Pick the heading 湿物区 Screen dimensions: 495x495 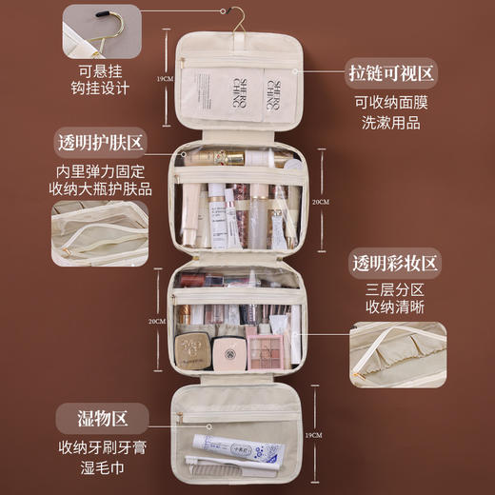click(x=101, y=416)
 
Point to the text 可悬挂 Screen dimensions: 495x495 click(x=99, y=69)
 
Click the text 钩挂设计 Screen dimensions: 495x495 click(x=99, y=90)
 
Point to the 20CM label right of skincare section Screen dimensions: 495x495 click(x=321, y=202)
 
